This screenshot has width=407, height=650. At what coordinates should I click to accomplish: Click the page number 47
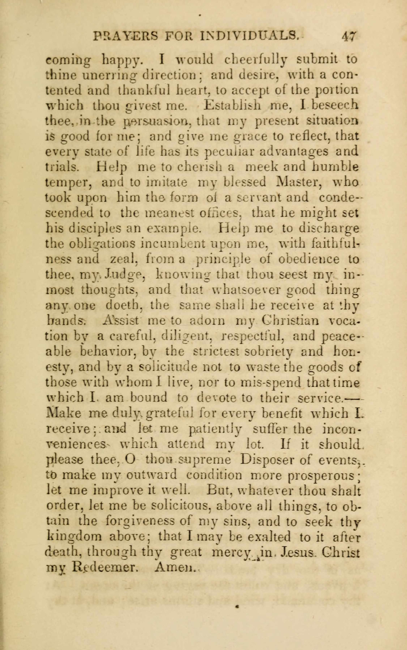349,36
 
